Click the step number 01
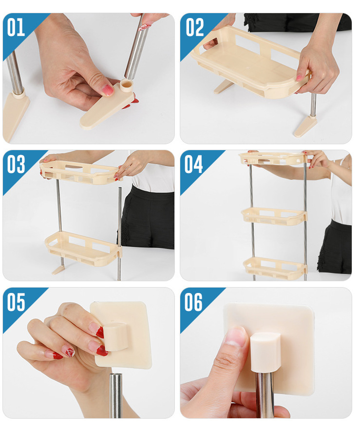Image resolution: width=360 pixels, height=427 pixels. click(x=16, y=27)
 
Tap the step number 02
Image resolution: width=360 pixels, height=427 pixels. click(x=195, y=27)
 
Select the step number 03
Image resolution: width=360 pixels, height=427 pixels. click(x=16, y=164)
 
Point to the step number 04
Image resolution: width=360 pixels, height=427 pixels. click(x=194, y=164)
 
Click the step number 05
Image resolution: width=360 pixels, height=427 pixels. click(x=16, y=302)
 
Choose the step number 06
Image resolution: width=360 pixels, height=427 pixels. click(x=193, y=302)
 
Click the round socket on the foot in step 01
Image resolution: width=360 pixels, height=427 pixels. click(x=126, y=85)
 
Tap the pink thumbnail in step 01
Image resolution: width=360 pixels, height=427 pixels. click(x=108, y=90)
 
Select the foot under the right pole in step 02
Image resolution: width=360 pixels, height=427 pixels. click(x=305, y=126)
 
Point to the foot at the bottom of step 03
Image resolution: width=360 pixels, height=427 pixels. click(x=58, y=270)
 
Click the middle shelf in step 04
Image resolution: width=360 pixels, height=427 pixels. click(x=274, y=216)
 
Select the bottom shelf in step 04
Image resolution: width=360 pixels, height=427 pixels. click(x=274, y=268)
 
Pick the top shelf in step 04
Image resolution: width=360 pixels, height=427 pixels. click(x=273, y=158)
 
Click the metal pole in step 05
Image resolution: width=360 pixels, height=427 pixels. click(x=115, y=395)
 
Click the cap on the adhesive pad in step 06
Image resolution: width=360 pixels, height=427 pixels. click(x=265, y=352)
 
